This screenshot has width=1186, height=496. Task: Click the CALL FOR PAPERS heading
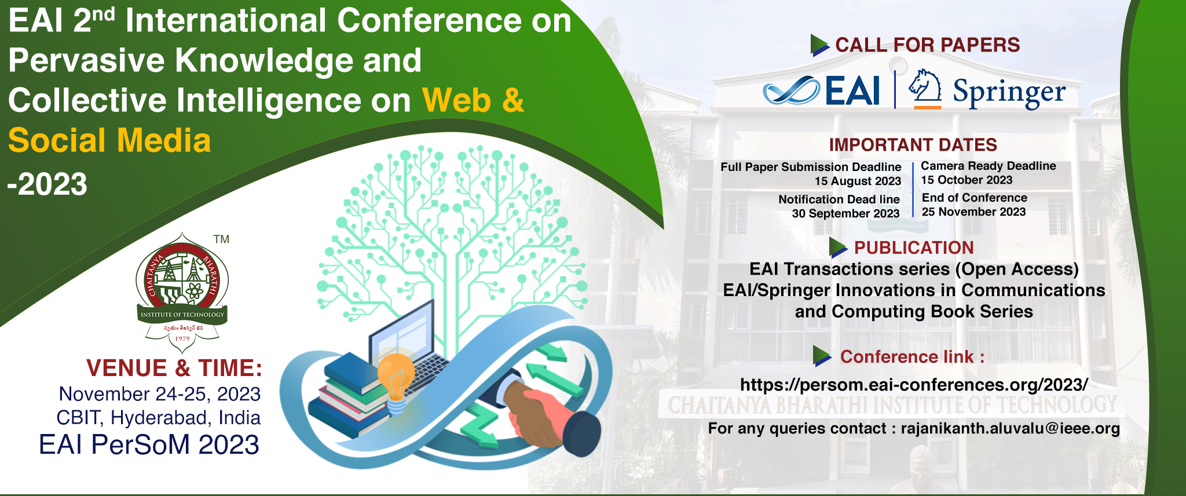click(x=927, y=45)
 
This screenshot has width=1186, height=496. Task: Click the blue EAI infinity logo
click(x=791, y=91)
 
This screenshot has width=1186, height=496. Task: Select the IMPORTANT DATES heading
click(x=913, y=145)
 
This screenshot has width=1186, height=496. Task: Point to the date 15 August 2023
click(x=858, y=181)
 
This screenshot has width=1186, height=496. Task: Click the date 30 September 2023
click(x=845, y=214)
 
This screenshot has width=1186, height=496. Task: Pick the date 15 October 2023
click(x=967, y=180)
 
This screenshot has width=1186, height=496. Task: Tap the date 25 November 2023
click(x=973, y=212)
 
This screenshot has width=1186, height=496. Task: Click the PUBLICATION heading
click(x=914, y=248)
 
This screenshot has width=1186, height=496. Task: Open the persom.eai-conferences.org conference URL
click(x=914, y=385)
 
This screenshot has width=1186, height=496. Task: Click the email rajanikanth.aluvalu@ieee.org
click(x=1010, y=429)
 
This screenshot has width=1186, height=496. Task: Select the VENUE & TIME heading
click(x=174, y=369)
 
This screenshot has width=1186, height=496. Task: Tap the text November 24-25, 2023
click(x=160, y=394)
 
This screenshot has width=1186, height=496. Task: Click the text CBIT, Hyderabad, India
click(x=158, y=418)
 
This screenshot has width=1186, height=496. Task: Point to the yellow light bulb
click(x=396, y=381)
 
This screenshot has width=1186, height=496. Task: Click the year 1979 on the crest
click(x=182, y=339)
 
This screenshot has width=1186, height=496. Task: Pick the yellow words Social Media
click(x=109, y=141)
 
